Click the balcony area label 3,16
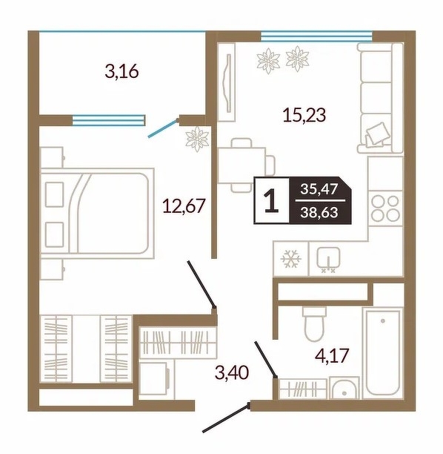pyautogui.click(x=121, y=71)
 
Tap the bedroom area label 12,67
pyautogui.click(x=184, y=205)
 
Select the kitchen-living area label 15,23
pyautogui.click(x=304, y=114)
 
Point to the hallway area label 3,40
pyautogui.click(x=232, y=372)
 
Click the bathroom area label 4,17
pyautogui.click(x=332, y=355)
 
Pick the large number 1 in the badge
pyautogui.click(x=271, y=200)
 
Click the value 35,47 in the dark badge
pyautogui.click(x=319, y=189)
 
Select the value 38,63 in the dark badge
pyautogui.click(x=319, y=212)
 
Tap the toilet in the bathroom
pyautogui.click(x=315, y=323)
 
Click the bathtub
pyautogui.click(x=382, y=353)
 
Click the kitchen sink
pyautogui.click(x=328, y=259)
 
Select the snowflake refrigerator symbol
pyautogui.click(x=291, y=259)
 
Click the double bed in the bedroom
pyautogui.click(x=98, y=213)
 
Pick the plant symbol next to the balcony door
pyautogui.click(x=197, y=139)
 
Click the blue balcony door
pyautogui.click(x=162, y=128)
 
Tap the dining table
pyautogui.click(x=242, y=165)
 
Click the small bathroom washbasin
pyautogui.click(x=344, y=388)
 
